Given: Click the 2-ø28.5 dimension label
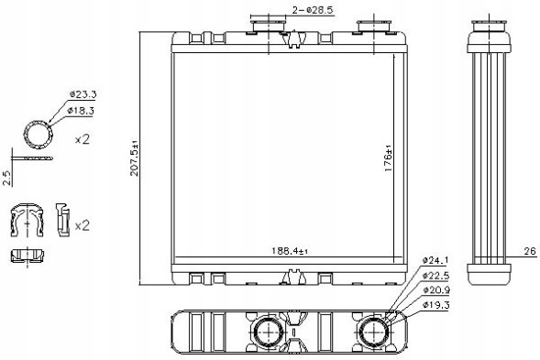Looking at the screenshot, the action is tap(313, 10).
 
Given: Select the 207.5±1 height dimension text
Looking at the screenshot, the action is tap(134, 158).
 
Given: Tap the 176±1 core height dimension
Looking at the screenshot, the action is tap(388, 158).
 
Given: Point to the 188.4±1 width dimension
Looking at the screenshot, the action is tap(290, 251).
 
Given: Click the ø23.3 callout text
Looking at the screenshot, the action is tap(83, 94).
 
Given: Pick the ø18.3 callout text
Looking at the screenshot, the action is tap(81, 111).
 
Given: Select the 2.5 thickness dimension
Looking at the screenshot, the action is tap(7, 178).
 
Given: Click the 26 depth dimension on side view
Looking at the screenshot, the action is tap(530, 251).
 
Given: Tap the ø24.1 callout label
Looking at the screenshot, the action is tap(435, 260).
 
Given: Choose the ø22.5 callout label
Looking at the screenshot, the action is tap(436, 276).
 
